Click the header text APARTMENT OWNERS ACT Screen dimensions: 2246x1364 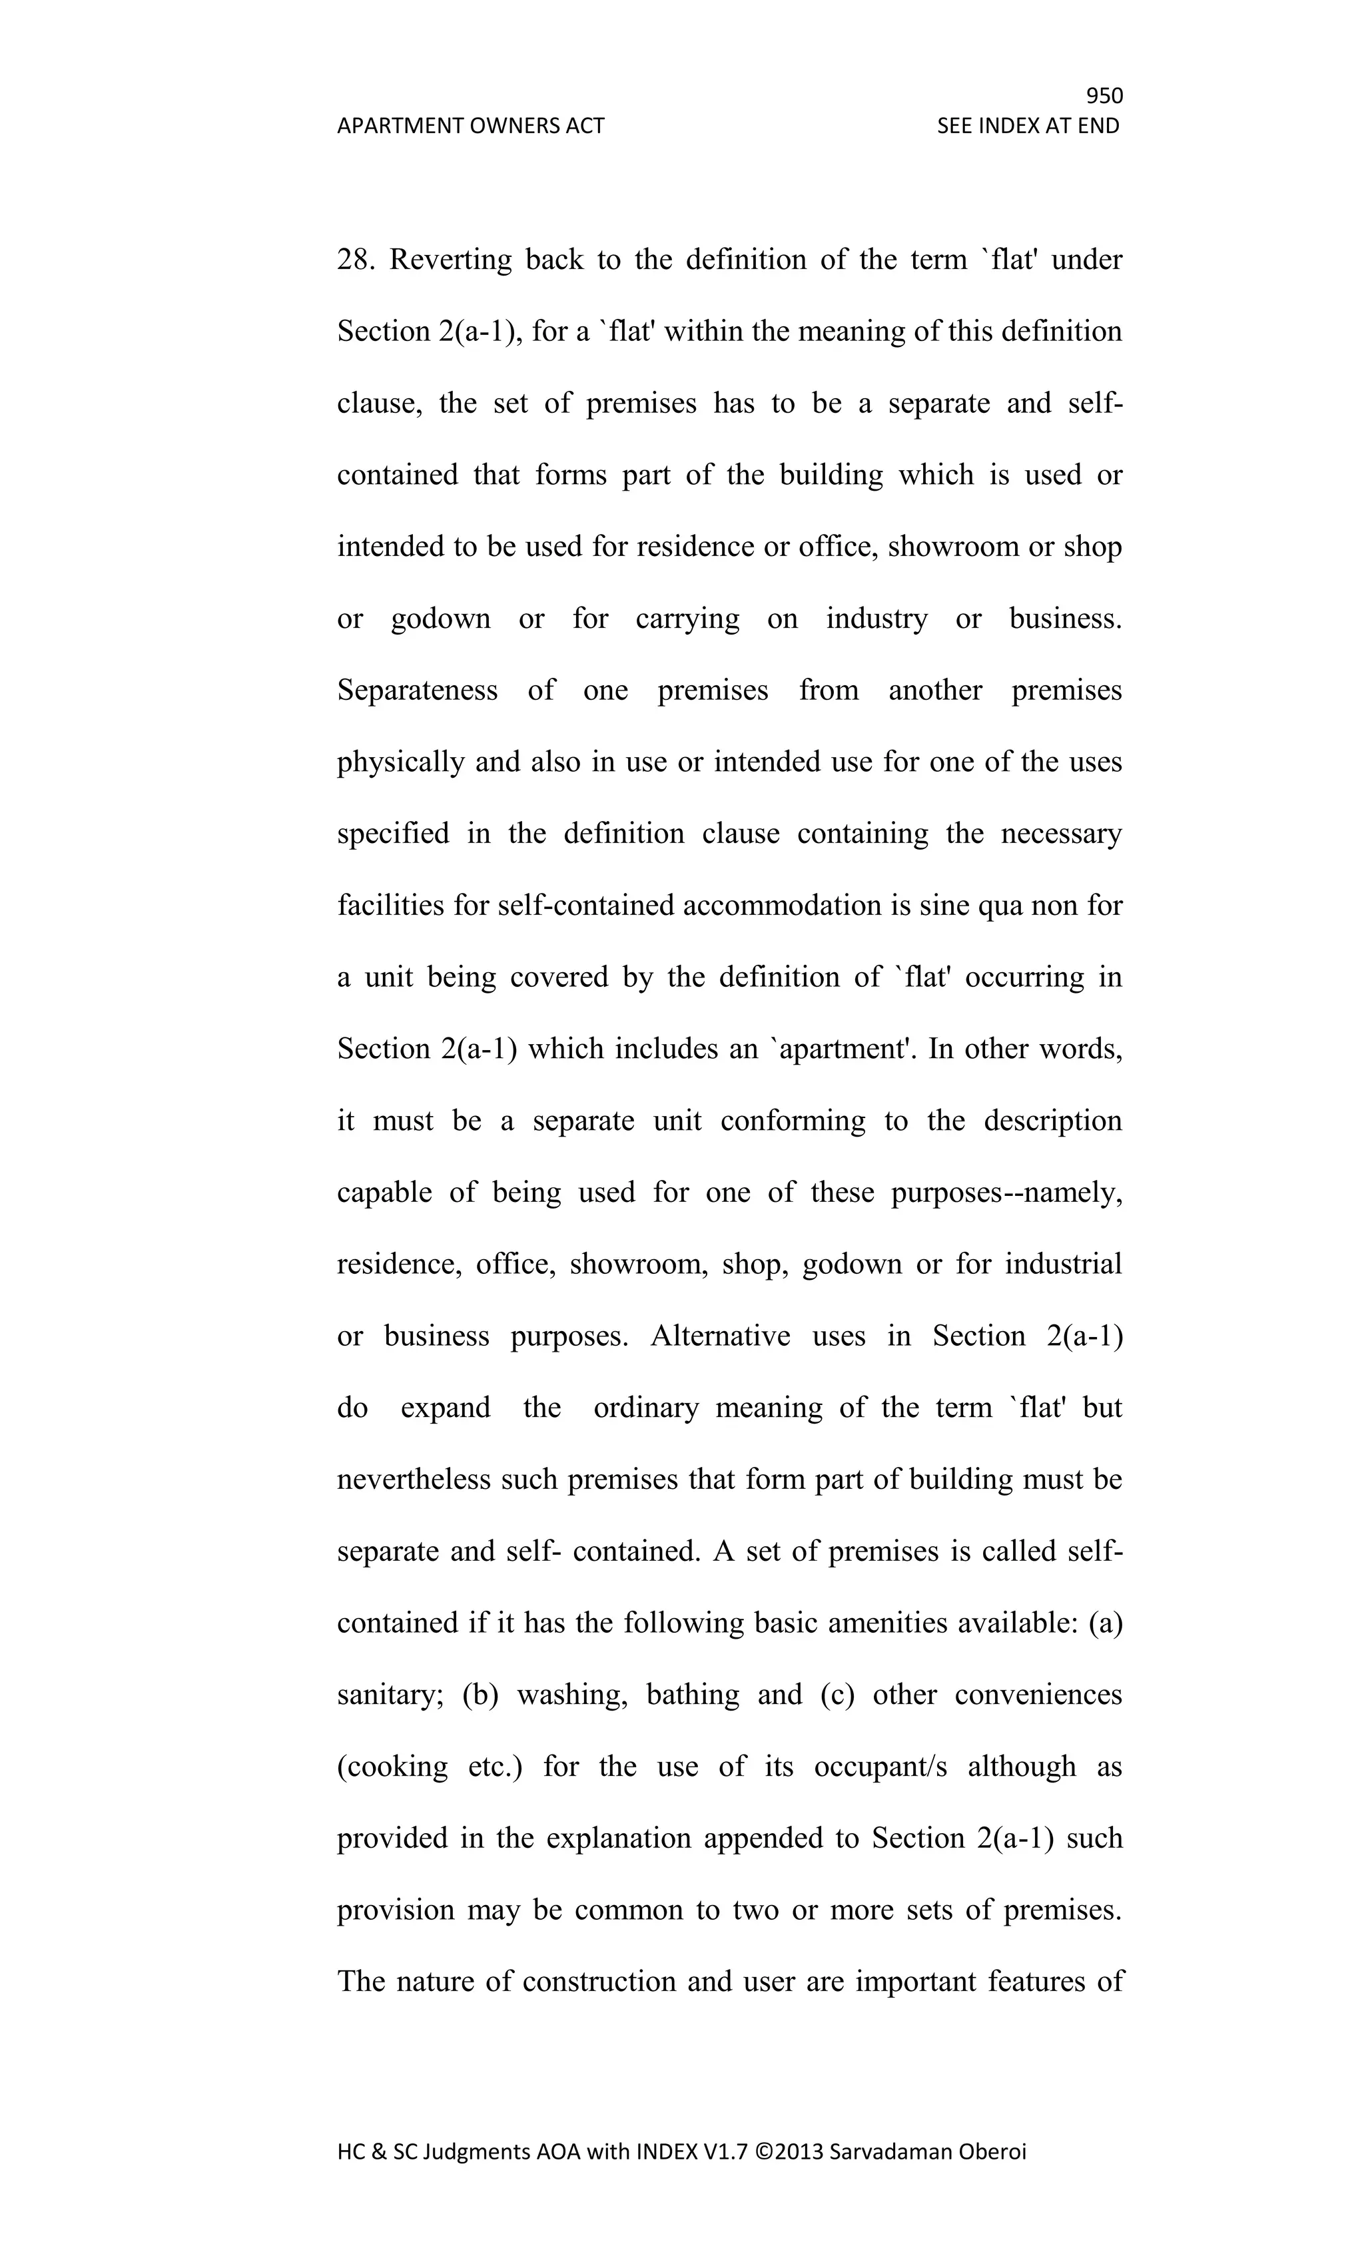pyautogui.click(x=470, y=126)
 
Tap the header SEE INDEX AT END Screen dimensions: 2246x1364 pyautogui.click(x=1028, y=126)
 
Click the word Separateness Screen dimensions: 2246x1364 pyautogui.click(x=418, y=690)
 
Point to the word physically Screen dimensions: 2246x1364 pyautogui.click(x=401, y=762)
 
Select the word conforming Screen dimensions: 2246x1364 pyautogui.click(x=793, y=1120)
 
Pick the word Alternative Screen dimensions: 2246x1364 pyautogui.click(x=720, y=1335)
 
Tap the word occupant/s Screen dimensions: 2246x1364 pyautogui.click(x=880, y=1767)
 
